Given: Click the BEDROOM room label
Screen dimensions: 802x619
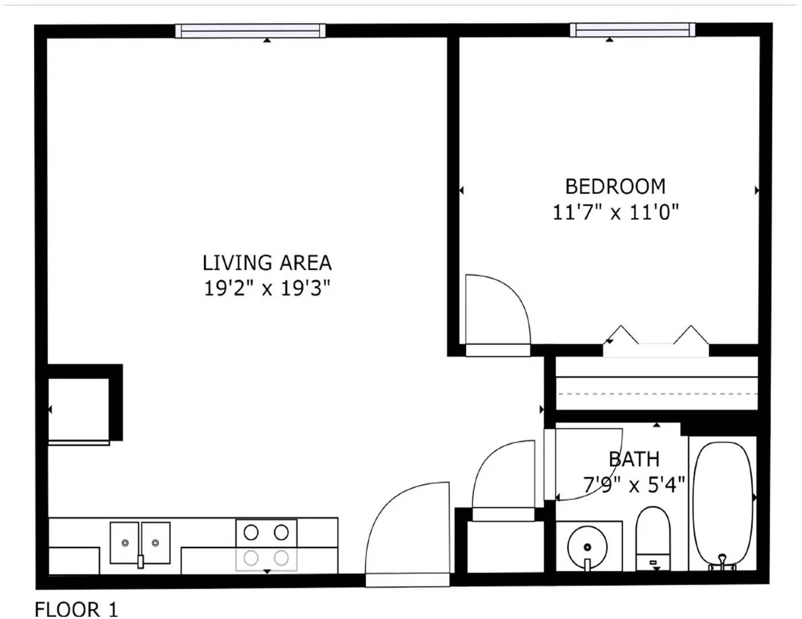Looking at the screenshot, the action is point(615,186).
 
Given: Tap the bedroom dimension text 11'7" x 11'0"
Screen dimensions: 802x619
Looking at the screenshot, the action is point(616,213).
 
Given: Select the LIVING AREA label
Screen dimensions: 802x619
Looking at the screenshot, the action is point(267,263).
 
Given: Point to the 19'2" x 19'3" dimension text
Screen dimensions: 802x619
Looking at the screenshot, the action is point(266,288).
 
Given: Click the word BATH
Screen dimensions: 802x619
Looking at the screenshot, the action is point(634,459).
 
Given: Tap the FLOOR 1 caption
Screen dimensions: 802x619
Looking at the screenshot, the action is point(76,609).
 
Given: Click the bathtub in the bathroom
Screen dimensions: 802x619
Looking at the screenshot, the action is point(723,506).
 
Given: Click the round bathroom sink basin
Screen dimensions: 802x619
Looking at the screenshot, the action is point(587,546).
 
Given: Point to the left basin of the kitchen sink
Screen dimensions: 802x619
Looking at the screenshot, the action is point(124,543).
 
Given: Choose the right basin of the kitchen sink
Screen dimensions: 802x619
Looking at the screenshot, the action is point(155,543).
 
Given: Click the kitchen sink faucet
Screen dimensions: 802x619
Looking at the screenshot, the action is point(140,561).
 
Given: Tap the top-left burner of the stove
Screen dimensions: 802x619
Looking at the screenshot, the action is point(251,532).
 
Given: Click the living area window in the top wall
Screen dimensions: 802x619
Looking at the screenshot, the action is point(250,31).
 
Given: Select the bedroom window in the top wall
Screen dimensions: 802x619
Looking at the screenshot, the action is point(633,30).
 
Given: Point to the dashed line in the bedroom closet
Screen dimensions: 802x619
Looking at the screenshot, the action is point(658,394).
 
